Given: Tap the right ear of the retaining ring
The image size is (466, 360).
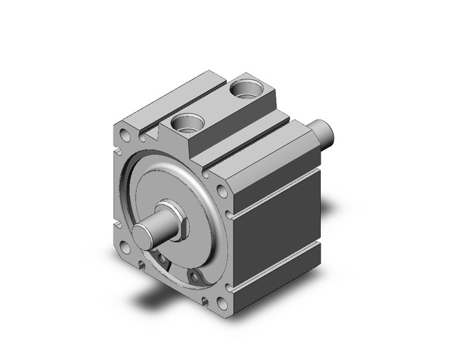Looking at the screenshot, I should tap(194, 279).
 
